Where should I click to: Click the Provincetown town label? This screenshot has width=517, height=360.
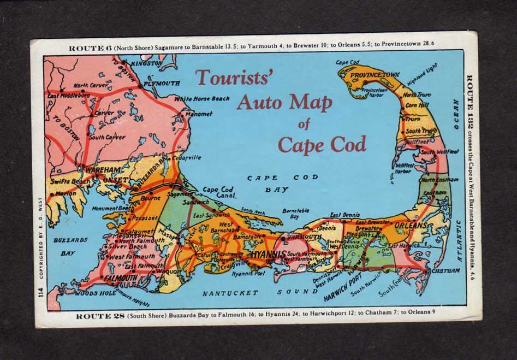375,74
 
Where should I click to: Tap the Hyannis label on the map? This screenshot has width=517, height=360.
269,255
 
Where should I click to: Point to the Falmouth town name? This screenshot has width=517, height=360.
120,278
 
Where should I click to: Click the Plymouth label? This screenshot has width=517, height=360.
162,84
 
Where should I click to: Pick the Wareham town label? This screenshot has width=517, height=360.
99,170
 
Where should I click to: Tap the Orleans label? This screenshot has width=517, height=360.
410,225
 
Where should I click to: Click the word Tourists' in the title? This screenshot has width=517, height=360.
234,78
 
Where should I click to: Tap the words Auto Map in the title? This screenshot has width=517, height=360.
284,102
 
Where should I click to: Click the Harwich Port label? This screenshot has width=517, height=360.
343,290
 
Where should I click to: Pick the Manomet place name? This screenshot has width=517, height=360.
199,114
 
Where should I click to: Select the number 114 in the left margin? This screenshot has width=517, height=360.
40,292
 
